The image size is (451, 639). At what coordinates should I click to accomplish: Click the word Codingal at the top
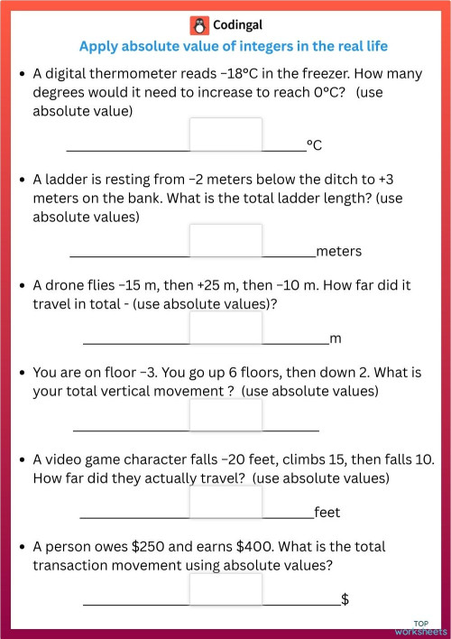(237, 25)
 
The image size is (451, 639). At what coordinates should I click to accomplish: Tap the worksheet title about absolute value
(233, 47)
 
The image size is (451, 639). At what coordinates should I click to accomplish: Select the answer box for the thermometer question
(225, 135)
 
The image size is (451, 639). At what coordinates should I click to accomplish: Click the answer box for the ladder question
(225, 241)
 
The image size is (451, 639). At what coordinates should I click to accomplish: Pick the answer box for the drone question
(225, 329)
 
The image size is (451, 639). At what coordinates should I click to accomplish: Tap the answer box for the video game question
(225, 503)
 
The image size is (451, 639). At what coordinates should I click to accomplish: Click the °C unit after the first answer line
(315, 144)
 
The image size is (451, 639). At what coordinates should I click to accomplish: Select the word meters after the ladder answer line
(338, 251)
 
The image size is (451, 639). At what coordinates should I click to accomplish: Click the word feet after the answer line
(327, 513)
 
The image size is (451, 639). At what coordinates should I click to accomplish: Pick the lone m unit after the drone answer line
(336, 338)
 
